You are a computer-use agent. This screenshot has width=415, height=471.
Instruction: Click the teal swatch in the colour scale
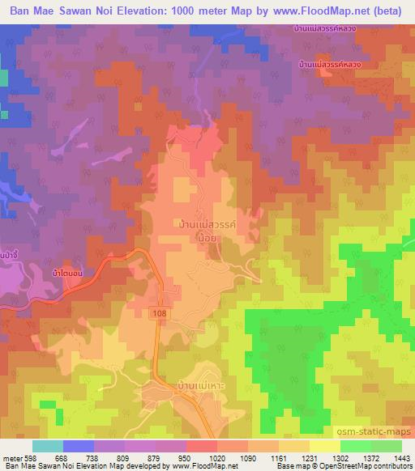click(x=47, y=446)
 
